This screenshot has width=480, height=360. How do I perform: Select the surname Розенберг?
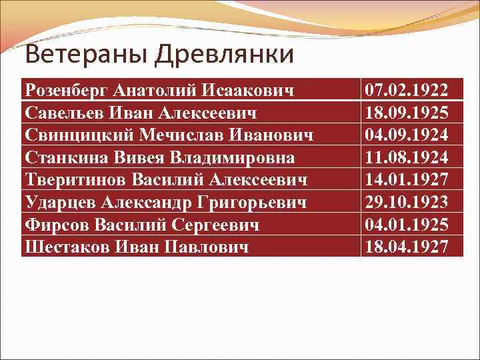point(66,89)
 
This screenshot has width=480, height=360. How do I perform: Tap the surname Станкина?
point(63,157)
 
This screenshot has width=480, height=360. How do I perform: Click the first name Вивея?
point(134,157)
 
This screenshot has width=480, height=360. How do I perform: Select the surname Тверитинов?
point(75,179)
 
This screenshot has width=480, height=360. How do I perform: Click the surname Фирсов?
point(56,225)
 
